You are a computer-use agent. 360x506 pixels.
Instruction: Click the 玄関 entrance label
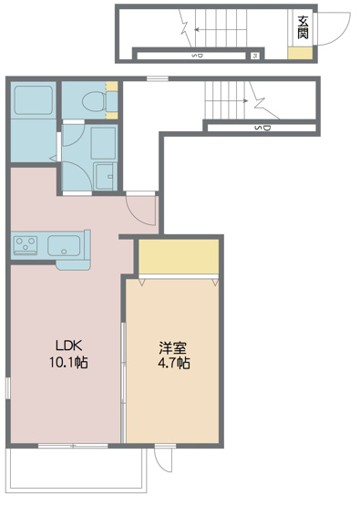pos(301,28)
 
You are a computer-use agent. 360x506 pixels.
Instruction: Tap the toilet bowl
pos(92,101)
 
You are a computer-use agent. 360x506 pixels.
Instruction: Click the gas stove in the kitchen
pos(26,244)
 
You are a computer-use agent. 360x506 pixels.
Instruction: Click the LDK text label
pos(69,346)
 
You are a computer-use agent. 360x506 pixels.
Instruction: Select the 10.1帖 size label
pos(69,362)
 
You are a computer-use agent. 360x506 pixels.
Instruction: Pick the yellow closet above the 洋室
pos(179,256)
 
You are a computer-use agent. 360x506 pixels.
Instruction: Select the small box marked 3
pos(255,56)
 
